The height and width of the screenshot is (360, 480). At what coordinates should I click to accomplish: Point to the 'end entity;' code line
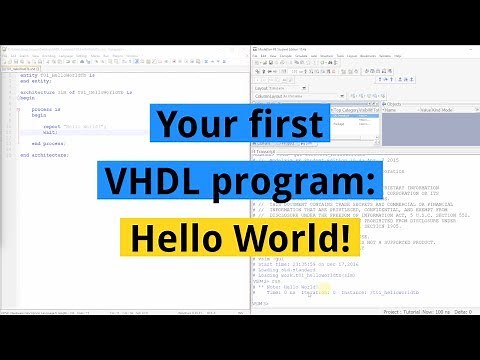coord(34,83)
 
